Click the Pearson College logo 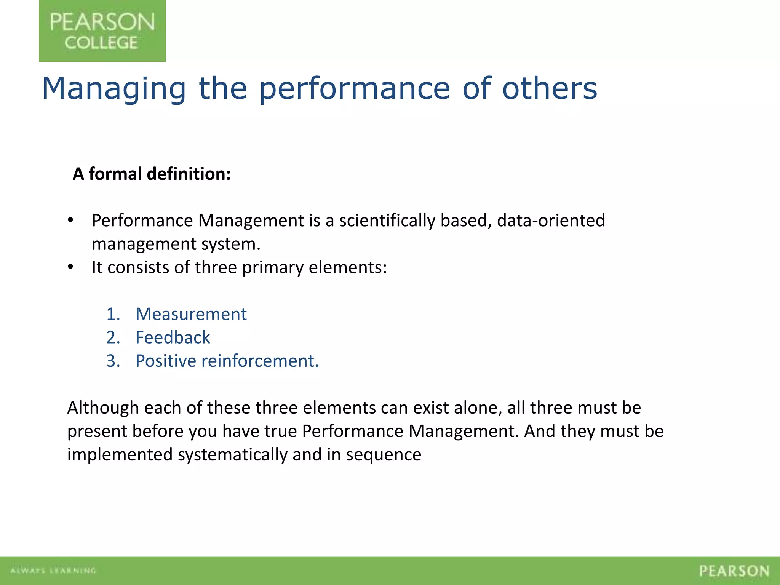[x=102, y=31]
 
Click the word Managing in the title [x=113, y=89]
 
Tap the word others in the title [x=550, y=89]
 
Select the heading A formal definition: [x=152, y=174]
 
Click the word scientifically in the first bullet [x=387, y=221]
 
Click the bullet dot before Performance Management [x=70, y=221]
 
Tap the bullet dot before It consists [x=70, y=267]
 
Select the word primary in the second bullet [x=273, y=268]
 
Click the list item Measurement [x=191, y=315]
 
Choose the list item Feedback [x=173, y=338]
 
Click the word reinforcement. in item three [x=260, y=361]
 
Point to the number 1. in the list [x=113, y=315]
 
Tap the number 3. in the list [x=113, y=361]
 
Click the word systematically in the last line [x=232, y=455]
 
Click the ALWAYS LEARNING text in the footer [x=53, y=571]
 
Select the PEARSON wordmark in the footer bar [x=734, y=571]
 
